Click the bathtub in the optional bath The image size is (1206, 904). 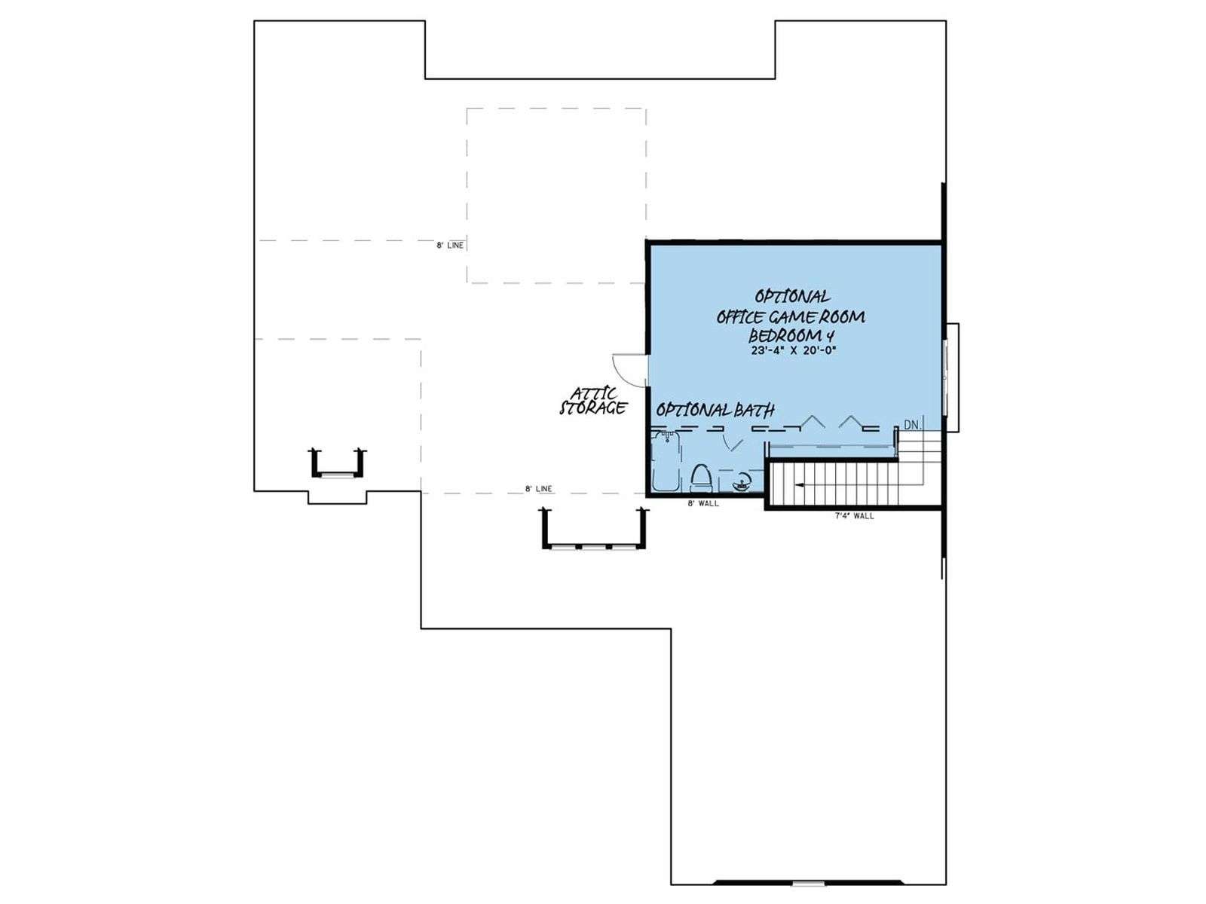tap(666, 461)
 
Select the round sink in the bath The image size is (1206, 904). tap(740, 483)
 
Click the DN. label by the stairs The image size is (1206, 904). tap(911, 425)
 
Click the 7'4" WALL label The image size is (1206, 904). tap(853, 516)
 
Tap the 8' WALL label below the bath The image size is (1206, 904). tap(703, 503)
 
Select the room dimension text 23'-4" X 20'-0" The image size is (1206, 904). tap(794, 350)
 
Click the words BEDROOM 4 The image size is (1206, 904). tap(791, 334)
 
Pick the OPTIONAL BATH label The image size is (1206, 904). tap(715, 410)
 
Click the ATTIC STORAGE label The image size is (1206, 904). tap(593, 402)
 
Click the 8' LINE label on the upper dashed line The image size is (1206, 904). tap(450, 246)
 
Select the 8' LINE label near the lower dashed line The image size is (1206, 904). tap(538, 488)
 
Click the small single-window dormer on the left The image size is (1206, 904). tap(338, 464)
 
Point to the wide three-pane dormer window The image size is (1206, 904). tap(595, 529)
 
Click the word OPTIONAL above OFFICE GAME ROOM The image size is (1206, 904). tap(791, 297)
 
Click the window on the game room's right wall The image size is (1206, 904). tap(946, 377)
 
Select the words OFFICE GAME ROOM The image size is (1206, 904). tap(791, 316)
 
